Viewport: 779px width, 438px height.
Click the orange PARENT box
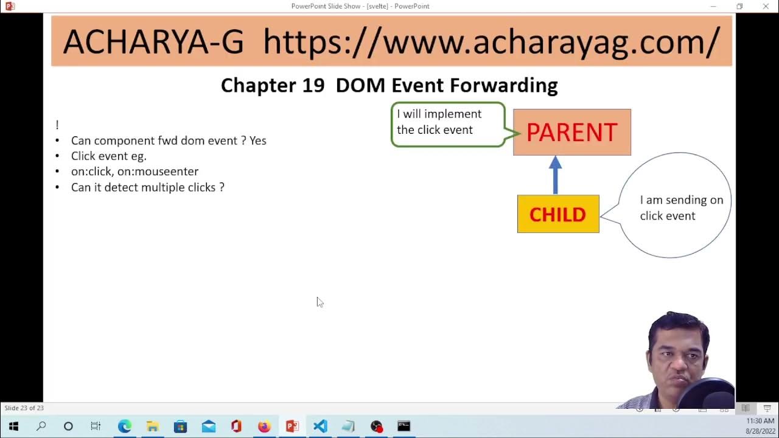pos(571,132)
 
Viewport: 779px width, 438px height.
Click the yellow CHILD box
pos(557,214)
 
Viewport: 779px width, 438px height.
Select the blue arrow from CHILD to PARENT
pos(555,175)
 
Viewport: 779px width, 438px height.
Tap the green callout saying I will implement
pos(447,123)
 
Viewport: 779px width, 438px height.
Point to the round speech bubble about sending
pos(676,206)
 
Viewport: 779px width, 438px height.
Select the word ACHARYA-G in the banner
pos(153,42)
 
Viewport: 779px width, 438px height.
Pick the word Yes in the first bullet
pos(258,141)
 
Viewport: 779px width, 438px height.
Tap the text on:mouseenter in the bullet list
pos(158,172)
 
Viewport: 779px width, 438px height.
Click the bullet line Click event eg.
pos(109,156)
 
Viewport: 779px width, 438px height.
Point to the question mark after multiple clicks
pos(222,187)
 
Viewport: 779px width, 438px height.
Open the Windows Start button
pos(13,426)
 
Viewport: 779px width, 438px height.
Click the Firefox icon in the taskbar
pos(264,426)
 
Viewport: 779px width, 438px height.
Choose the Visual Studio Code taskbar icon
pos(320,426)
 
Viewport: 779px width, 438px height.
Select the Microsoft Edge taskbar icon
pos(125,426)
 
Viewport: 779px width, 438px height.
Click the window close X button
pos(766,6)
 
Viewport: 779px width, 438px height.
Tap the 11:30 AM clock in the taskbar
pos(760,421)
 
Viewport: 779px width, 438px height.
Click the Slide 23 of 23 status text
pos(24,408)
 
